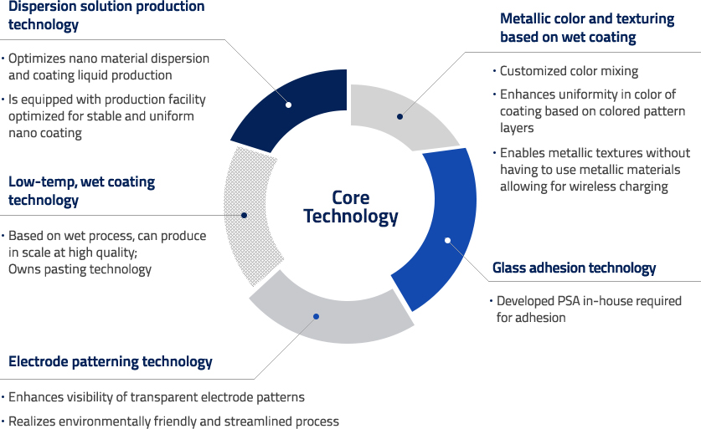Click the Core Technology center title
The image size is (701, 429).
[350, 207]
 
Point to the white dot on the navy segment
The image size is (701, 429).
[288, 105]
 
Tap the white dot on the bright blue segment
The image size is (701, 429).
[447, 241]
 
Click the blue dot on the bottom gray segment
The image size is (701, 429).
[316, 316]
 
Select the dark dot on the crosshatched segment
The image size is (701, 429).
[244, 215]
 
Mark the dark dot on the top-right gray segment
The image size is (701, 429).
[399, 116]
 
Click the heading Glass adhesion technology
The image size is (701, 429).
[574, 268]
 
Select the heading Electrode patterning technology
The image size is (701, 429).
[111, 361]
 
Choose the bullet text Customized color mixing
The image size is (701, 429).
[569, 71]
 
